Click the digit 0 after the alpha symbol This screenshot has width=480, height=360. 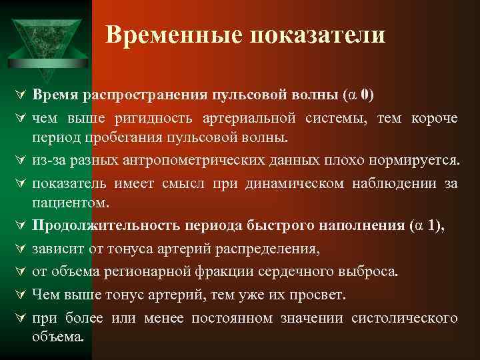point(366,95)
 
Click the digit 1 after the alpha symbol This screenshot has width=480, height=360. point(435,226)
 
